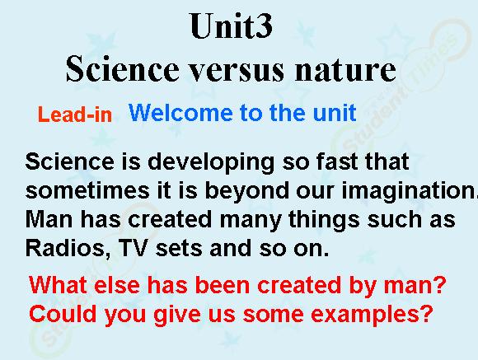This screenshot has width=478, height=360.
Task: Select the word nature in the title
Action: [345, 70]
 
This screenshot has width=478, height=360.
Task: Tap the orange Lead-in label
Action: [75, 115]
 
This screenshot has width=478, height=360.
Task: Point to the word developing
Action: [211, 163]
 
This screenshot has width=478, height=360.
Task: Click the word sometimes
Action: [87, 190]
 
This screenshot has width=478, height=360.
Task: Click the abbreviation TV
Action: [134, 248]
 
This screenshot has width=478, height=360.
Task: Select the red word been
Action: [222, 285]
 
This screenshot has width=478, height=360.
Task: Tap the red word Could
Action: [63, 314]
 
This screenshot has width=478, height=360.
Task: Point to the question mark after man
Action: [440, 284]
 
